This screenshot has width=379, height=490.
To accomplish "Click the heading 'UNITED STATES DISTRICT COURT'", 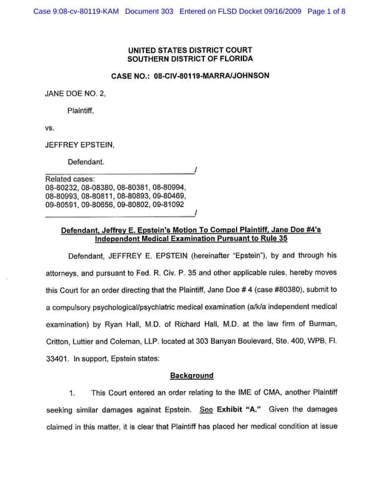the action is coord(189,50).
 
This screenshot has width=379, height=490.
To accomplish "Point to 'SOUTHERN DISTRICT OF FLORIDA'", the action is coord(189,59).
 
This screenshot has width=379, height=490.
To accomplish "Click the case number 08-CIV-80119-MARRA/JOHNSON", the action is coord(211,76).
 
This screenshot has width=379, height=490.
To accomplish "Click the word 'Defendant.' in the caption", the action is coord(86,161).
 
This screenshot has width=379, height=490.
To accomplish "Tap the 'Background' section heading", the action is coord(191,375).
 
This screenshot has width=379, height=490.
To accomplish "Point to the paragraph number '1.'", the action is coord(73,392).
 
